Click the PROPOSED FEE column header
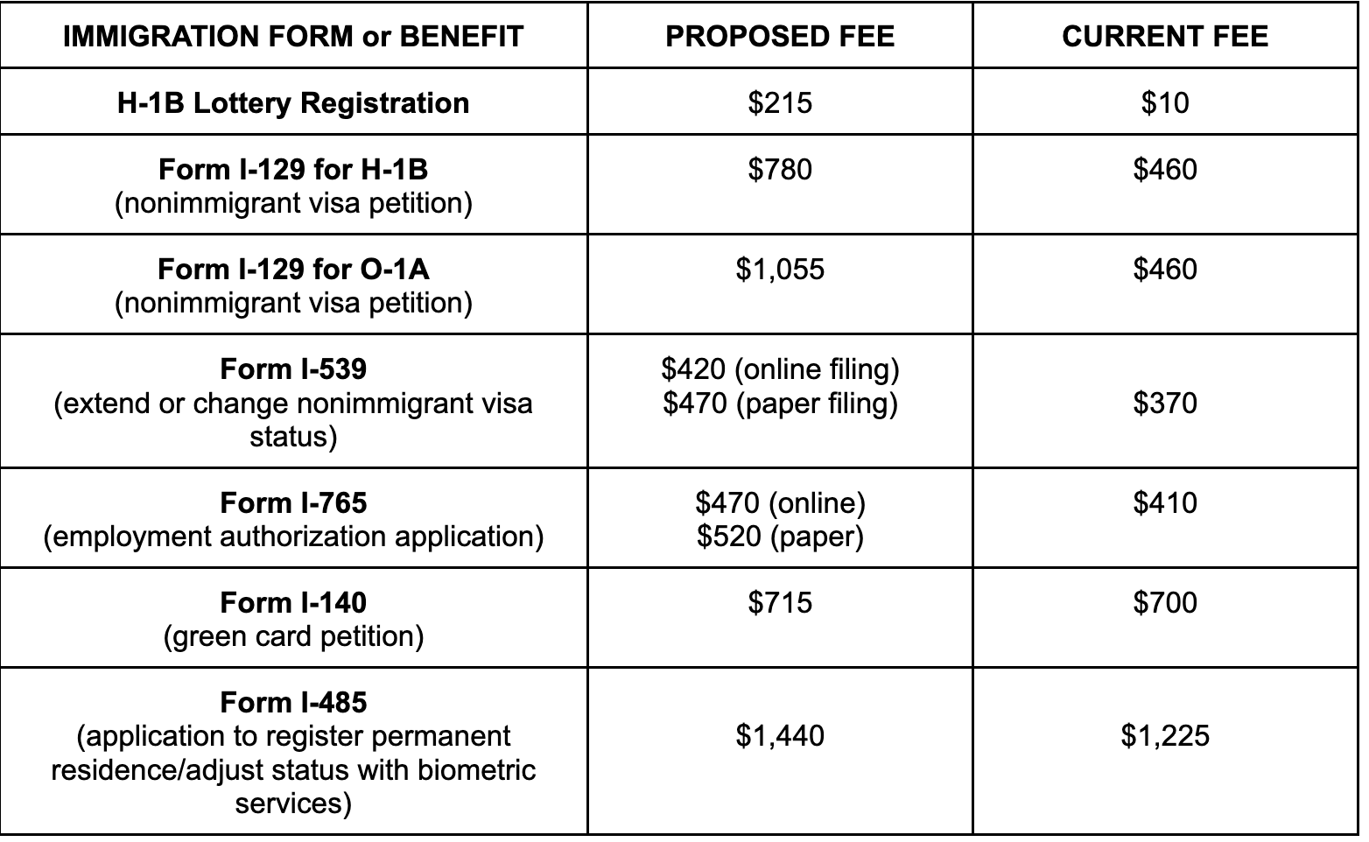point(780,36)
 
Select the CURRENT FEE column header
point(1165,36)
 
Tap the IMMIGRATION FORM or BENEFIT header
point(293,36)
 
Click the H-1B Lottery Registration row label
point(293,102)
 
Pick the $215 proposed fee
point(780,102)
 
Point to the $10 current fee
point(1165,102)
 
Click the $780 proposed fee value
point(780,169)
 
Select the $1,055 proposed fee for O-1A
point(780,269)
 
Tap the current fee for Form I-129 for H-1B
point(1165,169)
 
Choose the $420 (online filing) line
point(780,369)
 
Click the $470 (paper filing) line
point(780,403)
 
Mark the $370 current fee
point(1165,403)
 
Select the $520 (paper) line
point(780,536)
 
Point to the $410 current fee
point(1165,502)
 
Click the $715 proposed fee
point(780,602)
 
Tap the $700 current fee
point(1165,602)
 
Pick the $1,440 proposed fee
point(780,735)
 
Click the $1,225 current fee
point(1165,735)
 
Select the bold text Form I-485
point(293,702)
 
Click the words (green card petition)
point(293,635)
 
